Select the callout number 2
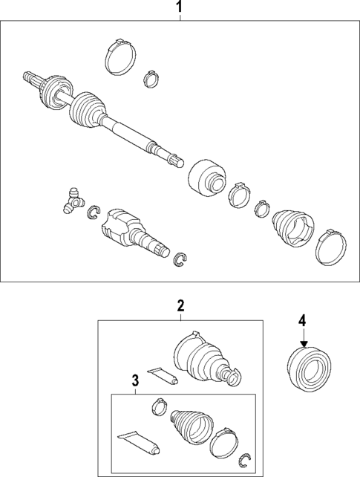(x=180, y=305)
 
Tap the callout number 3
(x=135, y=380)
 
